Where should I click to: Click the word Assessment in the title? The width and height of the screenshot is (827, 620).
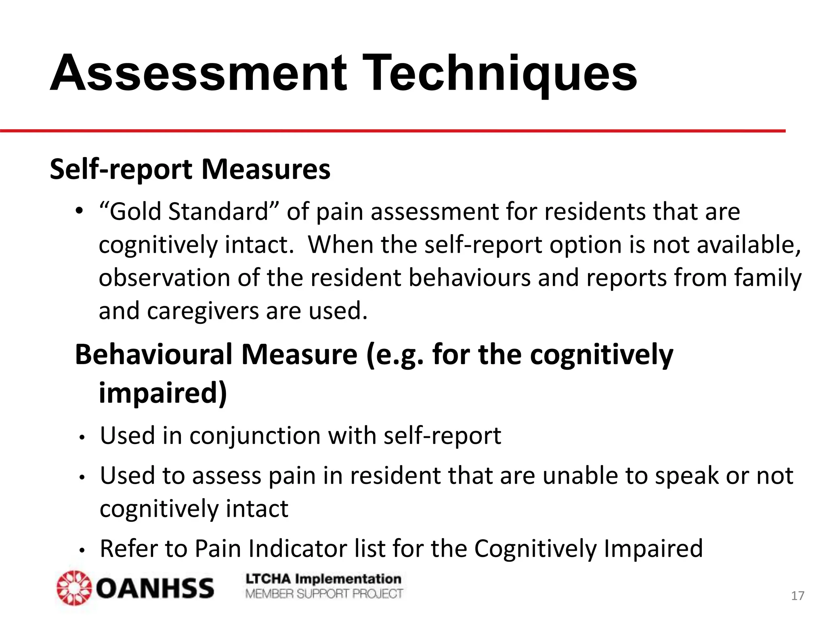(198, 74)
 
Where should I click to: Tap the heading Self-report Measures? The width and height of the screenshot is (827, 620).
(190, 169)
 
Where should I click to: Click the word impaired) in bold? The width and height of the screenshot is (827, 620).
(163, 392)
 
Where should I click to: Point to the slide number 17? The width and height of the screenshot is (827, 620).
(797, 596)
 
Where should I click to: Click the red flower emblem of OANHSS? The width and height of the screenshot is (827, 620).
(74, 588)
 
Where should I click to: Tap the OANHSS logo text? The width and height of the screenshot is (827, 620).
(155, 588)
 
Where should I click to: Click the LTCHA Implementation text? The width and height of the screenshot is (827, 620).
(323, 579)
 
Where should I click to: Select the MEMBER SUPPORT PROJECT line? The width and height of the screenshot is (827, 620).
(323, 594)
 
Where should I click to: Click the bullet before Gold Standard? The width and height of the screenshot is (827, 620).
(79, 211)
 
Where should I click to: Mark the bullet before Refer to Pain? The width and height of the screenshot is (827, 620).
(82, 550)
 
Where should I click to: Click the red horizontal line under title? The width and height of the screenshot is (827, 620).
(392, 131)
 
